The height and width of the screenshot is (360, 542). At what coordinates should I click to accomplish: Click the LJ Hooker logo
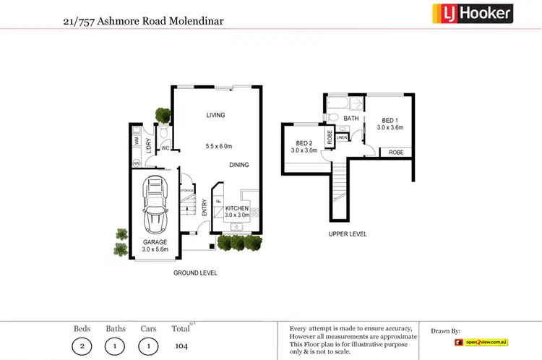tap(472, 13)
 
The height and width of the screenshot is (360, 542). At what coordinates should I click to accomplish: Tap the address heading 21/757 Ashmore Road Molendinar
tap(144, 22)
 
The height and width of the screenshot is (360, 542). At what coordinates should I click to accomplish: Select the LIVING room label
tap(215, 115)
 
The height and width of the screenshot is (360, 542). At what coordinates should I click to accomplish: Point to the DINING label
tap(239, 165)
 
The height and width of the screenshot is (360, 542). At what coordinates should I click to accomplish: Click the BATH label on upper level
tap(351, 119)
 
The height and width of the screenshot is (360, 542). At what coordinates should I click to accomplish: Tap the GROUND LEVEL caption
tap(195, 273)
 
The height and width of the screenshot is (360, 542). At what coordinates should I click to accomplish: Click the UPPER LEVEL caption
tap(348, 234)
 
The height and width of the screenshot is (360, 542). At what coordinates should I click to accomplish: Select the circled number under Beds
tap(82, 346)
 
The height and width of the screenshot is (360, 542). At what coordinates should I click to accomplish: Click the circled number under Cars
tap(149, 346)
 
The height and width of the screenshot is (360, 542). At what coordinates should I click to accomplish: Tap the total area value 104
tap(181, 346)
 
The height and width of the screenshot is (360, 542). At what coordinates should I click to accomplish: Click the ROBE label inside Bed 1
tap(396, 153)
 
